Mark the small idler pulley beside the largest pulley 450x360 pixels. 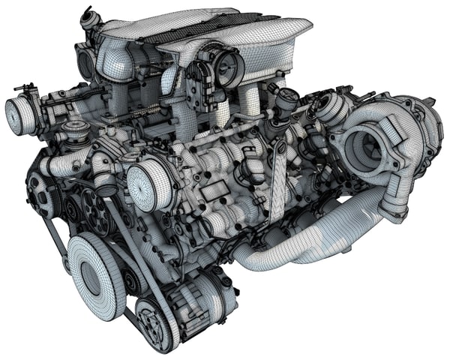pyautogui.click(x=133, y=281)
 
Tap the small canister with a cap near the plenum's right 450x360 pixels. pyautogui.click(x=286, y=100)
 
